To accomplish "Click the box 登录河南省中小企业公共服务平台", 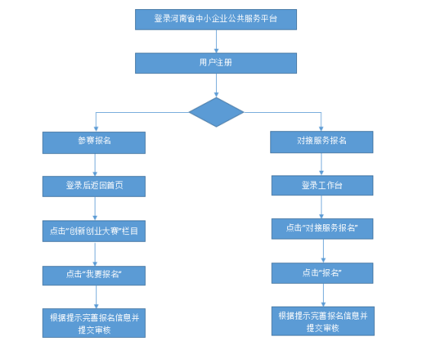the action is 216,19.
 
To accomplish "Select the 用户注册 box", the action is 216,63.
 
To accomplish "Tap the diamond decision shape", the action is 216,112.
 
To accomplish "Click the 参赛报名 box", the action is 94,143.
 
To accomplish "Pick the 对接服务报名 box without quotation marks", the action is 322,142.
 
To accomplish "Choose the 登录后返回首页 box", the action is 94,186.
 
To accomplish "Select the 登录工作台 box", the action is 322,185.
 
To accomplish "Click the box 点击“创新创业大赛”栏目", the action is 94,231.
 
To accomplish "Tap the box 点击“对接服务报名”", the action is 322,229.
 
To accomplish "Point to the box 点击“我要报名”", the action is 94,275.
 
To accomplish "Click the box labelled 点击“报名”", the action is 322,273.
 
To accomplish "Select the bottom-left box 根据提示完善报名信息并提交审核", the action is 94,323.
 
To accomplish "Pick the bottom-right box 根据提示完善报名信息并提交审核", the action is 323,321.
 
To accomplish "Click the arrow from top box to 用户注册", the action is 216,41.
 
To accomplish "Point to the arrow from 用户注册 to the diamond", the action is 216,85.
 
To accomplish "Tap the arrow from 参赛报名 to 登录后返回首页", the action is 95,165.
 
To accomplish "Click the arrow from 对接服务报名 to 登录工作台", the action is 321,164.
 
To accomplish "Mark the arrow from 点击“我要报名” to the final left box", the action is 96,297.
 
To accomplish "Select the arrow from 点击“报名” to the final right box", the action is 324,295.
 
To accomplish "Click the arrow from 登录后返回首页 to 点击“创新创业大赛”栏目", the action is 95,208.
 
